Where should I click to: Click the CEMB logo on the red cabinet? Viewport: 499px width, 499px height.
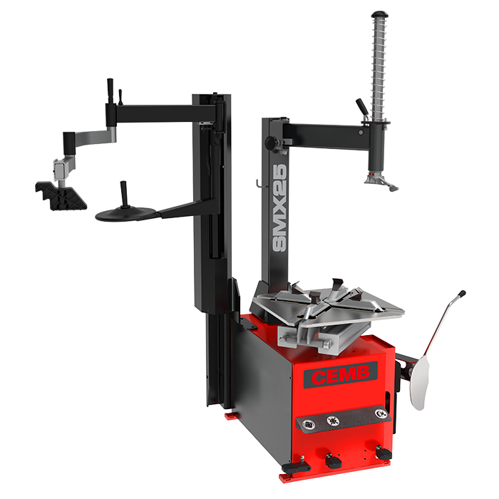pos(341,375)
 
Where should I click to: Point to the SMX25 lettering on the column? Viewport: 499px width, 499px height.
pos(279,208)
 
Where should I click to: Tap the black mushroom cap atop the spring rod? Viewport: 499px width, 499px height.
pos(380,15)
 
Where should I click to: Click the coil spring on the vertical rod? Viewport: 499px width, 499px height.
pos(379,67)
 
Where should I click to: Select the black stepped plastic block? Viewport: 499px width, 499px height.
pos(61,196)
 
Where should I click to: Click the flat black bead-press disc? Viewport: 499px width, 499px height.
pos(125,214)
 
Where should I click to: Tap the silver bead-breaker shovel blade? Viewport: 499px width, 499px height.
pos(419,383)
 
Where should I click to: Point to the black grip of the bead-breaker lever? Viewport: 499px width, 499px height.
pos(461,294)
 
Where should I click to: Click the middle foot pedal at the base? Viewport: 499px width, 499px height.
pos(333,461)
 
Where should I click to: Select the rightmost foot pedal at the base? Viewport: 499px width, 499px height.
pos(384,452)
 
